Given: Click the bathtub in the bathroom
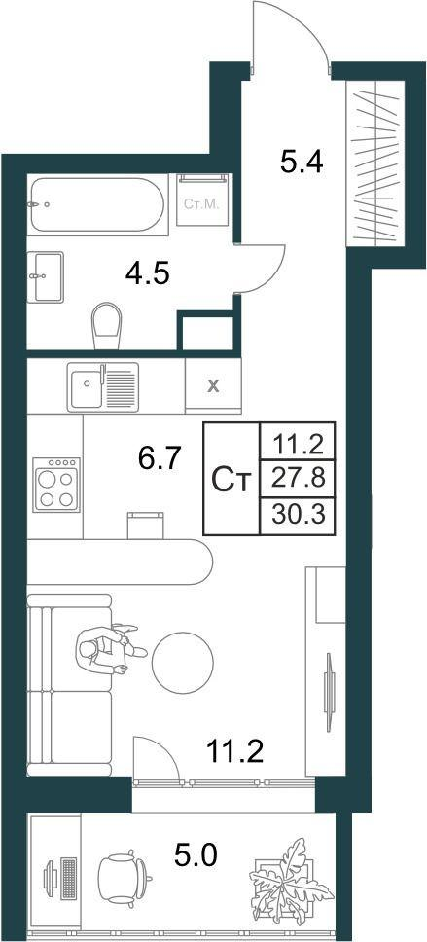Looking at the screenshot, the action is click(x=96, y=204).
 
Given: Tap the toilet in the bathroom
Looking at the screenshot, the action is click(x=106, y=325).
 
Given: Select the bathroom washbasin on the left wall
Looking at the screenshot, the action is click(x=46, y=277).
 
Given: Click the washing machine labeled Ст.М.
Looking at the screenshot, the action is click(x=202, y=199).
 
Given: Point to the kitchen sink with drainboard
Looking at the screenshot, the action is click(x=103, y=386).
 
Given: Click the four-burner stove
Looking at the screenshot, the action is click(x=55, y=485).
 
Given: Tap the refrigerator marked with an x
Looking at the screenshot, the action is click(x=213, y=385).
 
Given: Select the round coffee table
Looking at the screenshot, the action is click(x=183, y=663).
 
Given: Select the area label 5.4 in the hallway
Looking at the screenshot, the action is click(x=302, y=161).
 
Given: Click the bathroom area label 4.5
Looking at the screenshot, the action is click(x=148, y=273).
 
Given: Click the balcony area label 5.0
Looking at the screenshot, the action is click(x=196, y=855).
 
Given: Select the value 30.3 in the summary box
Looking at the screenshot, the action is click(x=298, y=515).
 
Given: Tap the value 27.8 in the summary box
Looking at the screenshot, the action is click(x=298, y=480).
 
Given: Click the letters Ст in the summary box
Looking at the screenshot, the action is click(x=231, y=480).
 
